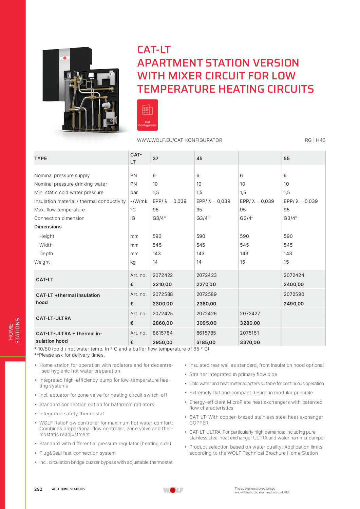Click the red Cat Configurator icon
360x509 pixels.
pos(147,115)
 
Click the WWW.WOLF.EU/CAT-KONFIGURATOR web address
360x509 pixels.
pos(179,140)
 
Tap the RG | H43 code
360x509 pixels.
pos(315,140)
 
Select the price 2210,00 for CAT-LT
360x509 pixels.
pos(162,284)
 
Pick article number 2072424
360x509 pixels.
pos(294,275)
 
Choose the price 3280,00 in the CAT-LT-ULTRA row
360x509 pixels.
pos(250,323)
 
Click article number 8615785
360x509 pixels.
pos(206,333)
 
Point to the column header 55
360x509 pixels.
pos(287,158)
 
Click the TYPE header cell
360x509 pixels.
pos(41,158)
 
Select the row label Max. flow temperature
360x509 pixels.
pos(59,210)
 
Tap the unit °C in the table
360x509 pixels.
pos(133,210)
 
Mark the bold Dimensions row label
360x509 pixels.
pos(48,227)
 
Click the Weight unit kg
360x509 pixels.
pos(133,262)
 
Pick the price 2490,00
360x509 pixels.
pos(293,304)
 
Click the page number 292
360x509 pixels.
pos(38,489)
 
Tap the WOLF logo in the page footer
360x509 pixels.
pos(173,490)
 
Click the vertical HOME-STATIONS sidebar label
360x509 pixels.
pos(14,331)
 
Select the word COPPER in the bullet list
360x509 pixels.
pos(199,423)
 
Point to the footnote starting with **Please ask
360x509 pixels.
pos(70,355)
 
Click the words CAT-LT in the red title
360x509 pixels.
pos(154,50)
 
